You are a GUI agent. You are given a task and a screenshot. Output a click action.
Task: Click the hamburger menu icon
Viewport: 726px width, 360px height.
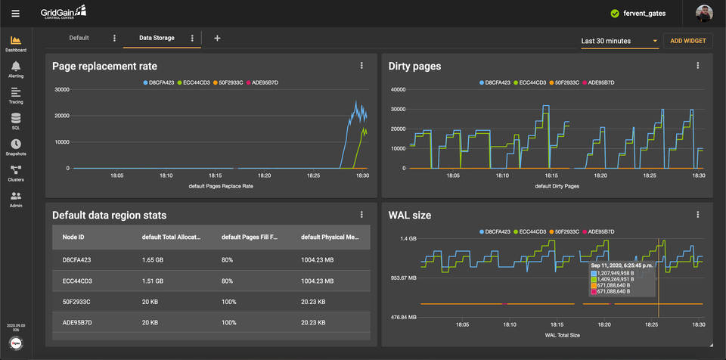point(16,13)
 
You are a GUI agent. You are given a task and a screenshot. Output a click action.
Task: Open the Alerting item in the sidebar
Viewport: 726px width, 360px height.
point(16,70)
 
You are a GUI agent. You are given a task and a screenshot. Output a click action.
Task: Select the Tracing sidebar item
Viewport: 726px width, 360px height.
point(16,95)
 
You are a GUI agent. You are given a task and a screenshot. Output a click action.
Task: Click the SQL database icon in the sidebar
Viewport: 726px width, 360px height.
point(16,121)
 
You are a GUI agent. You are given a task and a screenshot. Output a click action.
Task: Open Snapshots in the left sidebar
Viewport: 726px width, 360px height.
point(16,147)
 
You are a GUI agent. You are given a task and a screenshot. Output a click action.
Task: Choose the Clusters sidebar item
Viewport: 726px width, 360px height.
point(16,173)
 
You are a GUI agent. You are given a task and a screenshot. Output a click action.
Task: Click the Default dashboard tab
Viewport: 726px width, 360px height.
point(79,38)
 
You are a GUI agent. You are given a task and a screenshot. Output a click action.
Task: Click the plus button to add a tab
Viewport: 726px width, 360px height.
point(217,38)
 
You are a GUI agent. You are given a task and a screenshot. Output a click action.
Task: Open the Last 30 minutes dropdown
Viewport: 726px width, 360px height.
point(619,41)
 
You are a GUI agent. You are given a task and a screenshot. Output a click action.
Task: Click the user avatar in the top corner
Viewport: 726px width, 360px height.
point(708,13)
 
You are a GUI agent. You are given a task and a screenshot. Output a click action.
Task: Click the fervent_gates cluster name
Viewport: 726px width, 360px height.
point(644,13)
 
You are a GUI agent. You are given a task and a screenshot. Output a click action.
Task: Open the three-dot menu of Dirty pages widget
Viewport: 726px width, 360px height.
point(698,66)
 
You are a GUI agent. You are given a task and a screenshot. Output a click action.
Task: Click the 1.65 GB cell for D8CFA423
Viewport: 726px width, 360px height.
point(156,259)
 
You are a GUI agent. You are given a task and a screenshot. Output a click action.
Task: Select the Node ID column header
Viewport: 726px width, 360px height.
point(73,237)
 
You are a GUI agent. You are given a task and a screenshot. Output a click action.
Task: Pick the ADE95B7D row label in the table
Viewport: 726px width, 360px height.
point(76,322)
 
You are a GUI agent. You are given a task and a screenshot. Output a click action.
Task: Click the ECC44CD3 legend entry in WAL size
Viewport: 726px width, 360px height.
point(532,231)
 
